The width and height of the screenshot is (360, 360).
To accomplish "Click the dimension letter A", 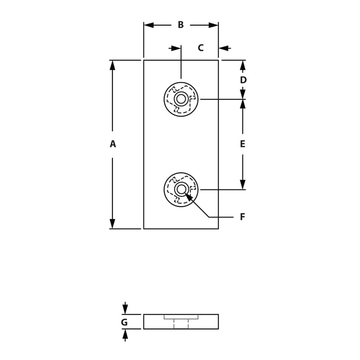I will click(112, 144).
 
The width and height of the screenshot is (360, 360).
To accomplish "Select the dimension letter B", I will click(180, 25).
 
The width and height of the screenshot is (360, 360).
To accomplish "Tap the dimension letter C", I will click(201, 48).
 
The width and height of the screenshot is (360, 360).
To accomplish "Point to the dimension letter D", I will click(243, 80).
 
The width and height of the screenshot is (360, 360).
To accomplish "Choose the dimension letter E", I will click(243, 144).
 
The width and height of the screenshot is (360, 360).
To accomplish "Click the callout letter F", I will click(242, 217).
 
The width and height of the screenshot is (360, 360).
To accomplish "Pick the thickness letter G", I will click(124, 322).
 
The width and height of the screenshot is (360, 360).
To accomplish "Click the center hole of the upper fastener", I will click(181, 99).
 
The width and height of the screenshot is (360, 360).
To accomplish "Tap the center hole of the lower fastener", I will click(181, 189).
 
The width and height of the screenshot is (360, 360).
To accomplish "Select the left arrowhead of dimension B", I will click(148, 25).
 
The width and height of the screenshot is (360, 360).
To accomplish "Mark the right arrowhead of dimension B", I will click(213, 25).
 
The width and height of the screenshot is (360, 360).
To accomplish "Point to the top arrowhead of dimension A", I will click(112, 65).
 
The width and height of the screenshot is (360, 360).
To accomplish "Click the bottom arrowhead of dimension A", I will click(112, 224).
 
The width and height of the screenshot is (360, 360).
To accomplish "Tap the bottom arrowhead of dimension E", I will click(243, 184).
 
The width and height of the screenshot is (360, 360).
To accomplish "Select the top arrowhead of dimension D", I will click(243, 65).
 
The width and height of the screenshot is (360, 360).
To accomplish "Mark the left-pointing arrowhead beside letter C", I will click(224, 48).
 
